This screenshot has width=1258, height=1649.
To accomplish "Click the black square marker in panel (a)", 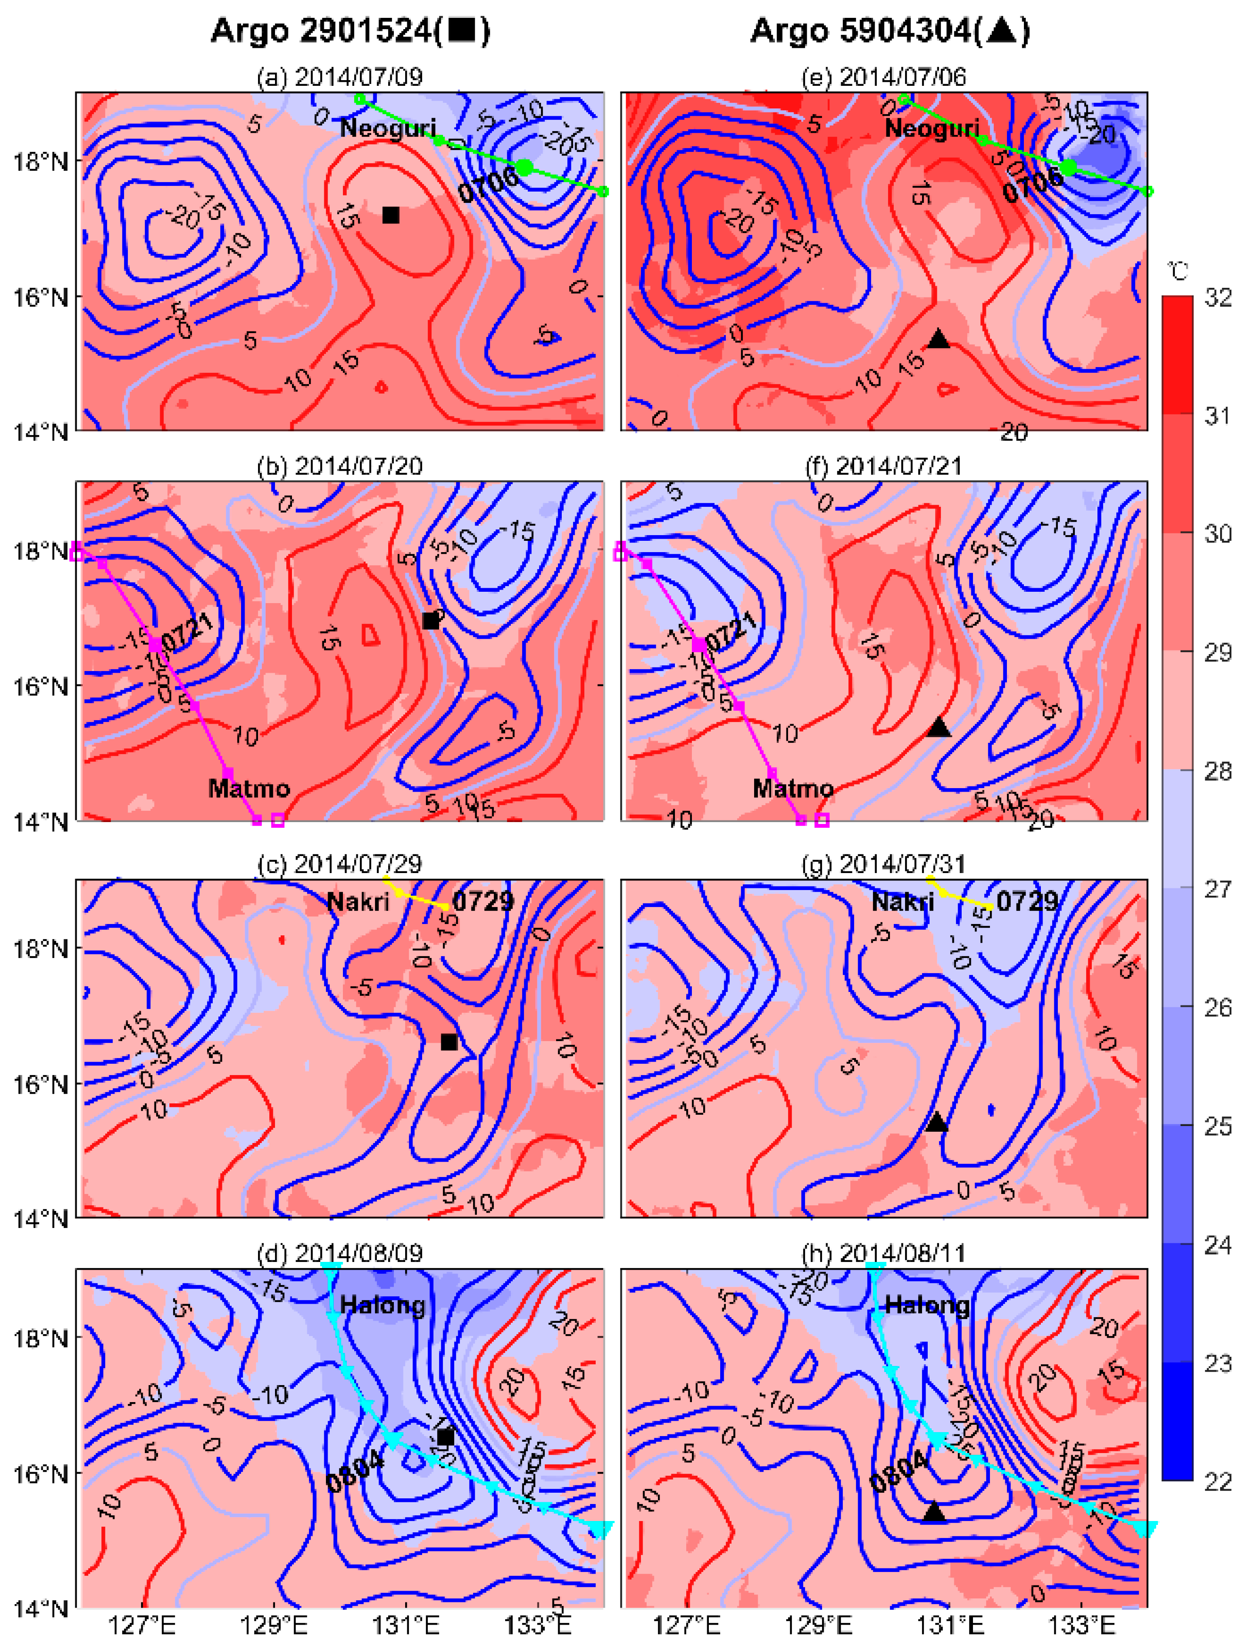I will [390, 215].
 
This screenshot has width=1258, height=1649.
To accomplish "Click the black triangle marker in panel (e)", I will [938, 339].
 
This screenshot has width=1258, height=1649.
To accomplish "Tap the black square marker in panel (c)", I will [449, 1042].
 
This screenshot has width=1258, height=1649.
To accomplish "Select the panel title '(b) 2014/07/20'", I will [339, 466].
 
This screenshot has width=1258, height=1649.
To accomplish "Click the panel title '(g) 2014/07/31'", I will [884, 864].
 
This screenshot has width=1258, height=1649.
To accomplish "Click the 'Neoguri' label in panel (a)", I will [387, 128].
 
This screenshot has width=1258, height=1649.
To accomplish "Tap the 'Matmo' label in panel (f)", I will [793, 788].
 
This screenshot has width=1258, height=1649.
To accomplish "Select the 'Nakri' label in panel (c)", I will [358, 901].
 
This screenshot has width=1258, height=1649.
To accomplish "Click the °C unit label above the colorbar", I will [1179, 271].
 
